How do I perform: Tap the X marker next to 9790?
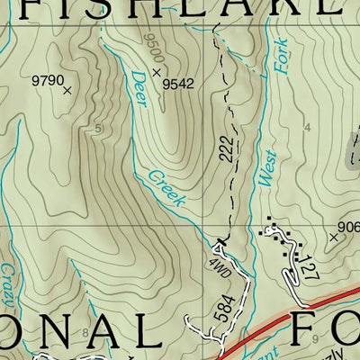tap(68, 89)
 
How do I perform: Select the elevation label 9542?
tap(178, 85)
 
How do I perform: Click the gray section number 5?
tap(96, 129)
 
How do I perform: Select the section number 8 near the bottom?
tap(85, 334)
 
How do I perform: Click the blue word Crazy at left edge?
tap(8, 283)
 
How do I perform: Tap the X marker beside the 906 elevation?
tap(333, 237)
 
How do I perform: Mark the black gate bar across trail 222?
tap(219, 239)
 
